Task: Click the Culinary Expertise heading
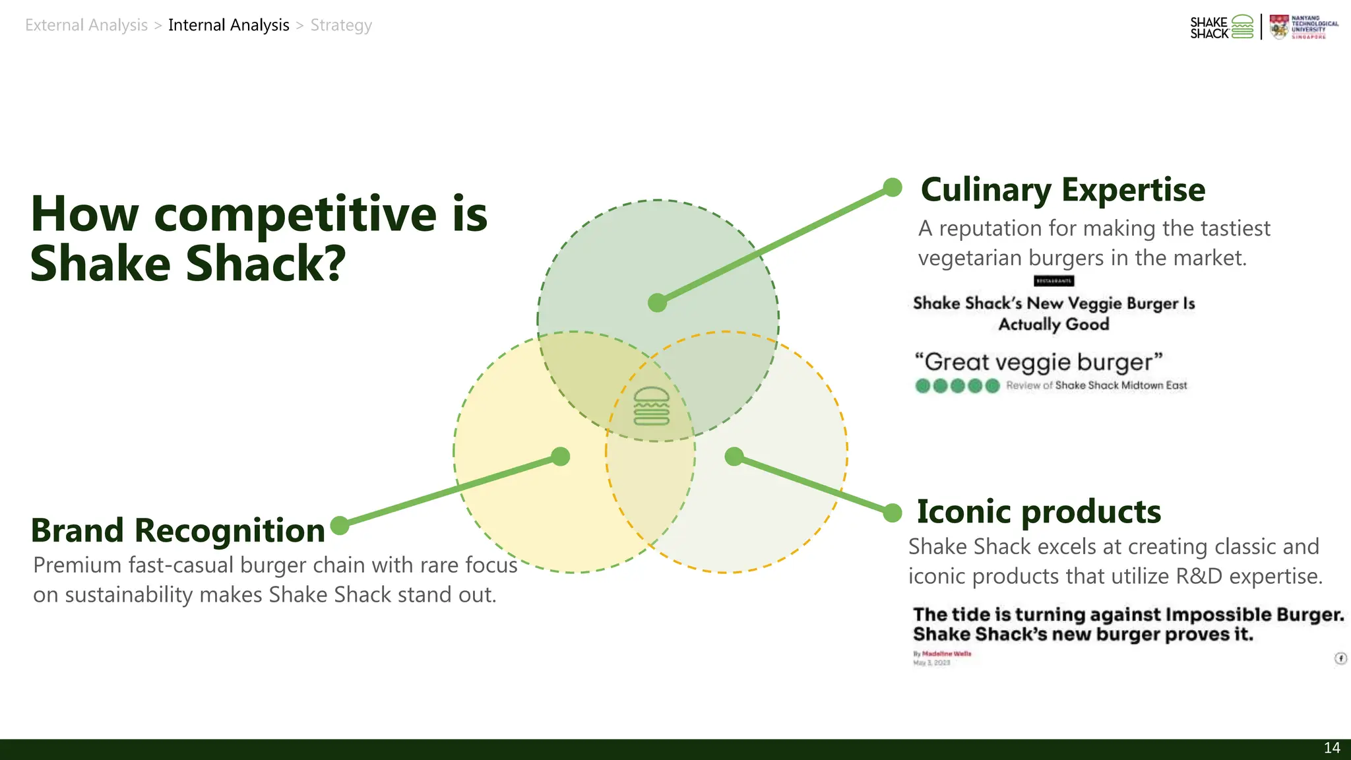click(x=1062, y=190)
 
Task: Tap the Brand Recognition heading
click(x=178, y=530)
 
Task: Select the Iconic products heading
click(x=1038, y=512)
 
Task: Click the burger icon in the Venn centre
click(x=651, y=406)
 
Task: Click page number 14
click(x=1331, y=748)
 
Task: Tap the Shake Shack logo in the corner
click(x=1221, y=28)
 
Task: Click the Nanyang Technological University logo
click(x=1304, y=28)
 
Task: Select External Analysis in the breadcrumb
click(x=86, y=25)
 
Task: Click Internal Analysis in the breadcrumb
click(x=228, y=25)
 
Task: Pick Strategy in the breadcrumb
click(x=341, y=25)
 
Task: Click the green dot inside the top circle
click(x=657, y=303)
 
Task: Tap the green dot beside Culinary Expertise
click(x=893, y=187)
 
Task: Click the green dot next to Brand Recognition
click(x=340, y=526)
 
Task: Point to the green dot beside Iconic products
click(x=893, y=513)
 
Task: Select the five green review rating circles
click(x=957, y=386)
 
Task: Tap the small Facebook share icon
click(x=1340, y=658)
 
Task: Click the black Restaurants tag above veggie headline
click(x=1053, y=281)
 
